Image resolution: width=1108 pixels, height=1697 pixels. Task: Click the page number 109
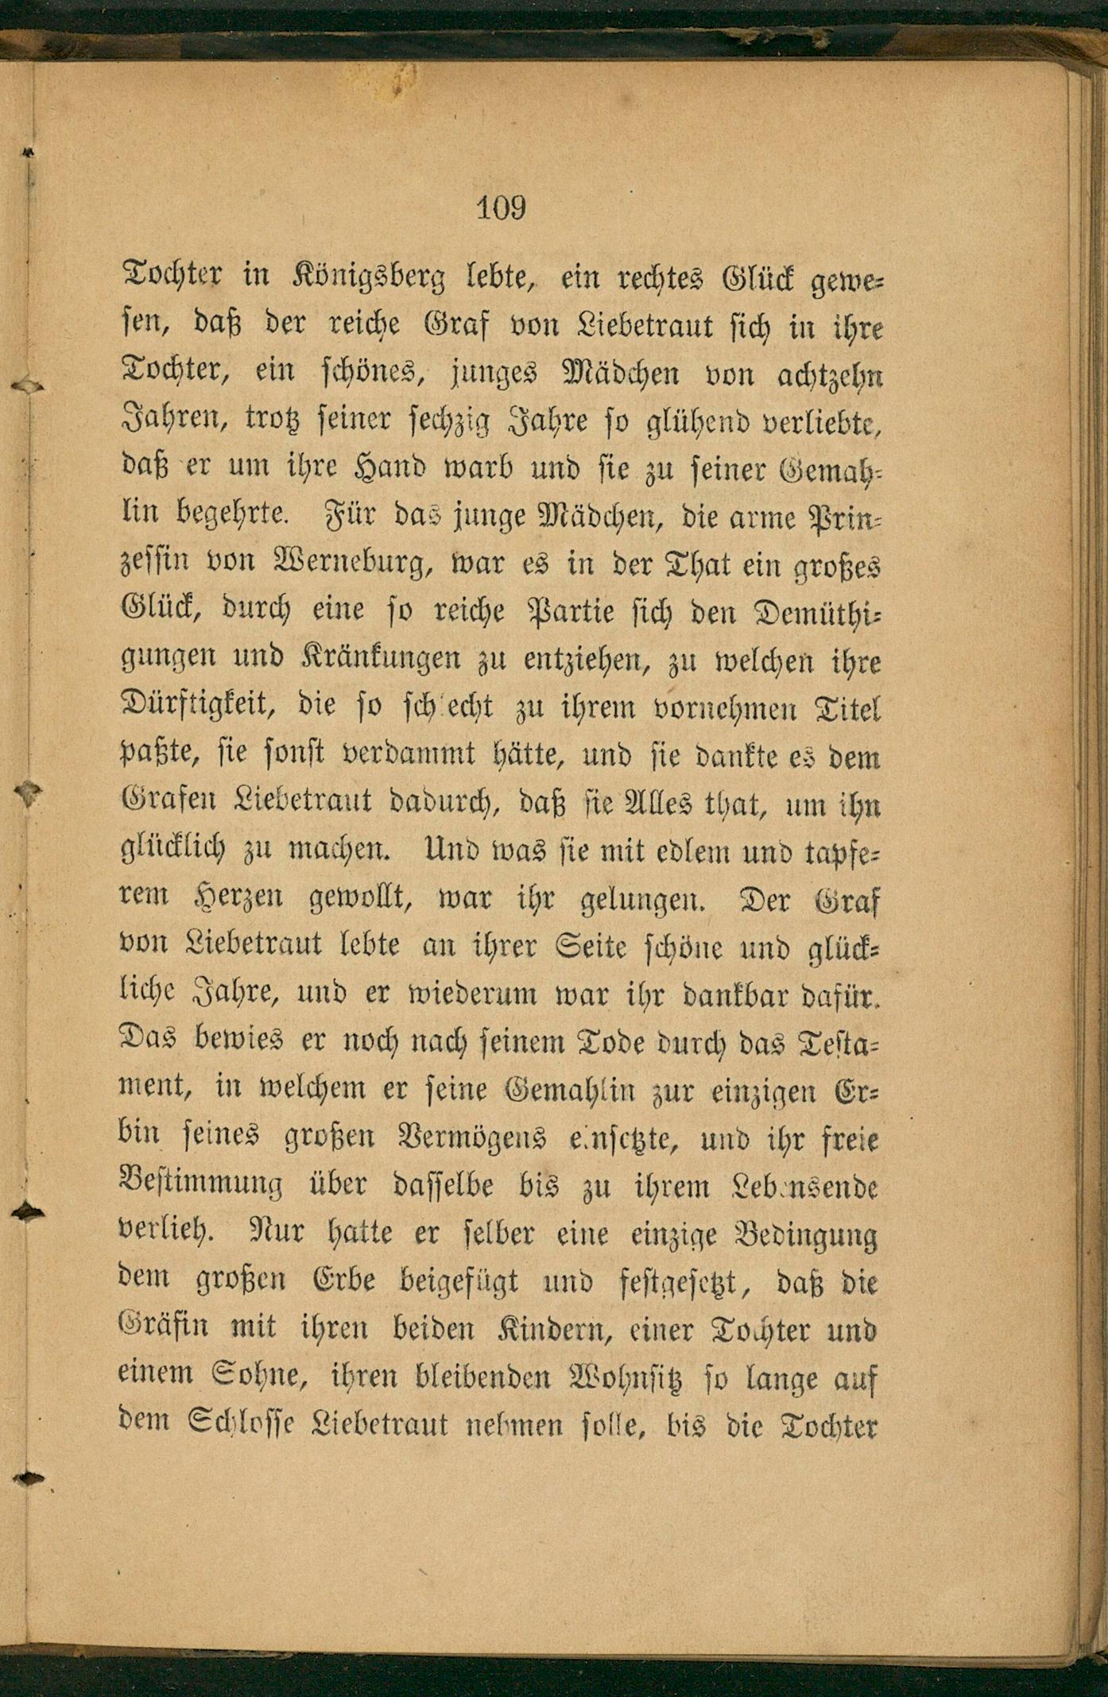coord(501,208)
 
